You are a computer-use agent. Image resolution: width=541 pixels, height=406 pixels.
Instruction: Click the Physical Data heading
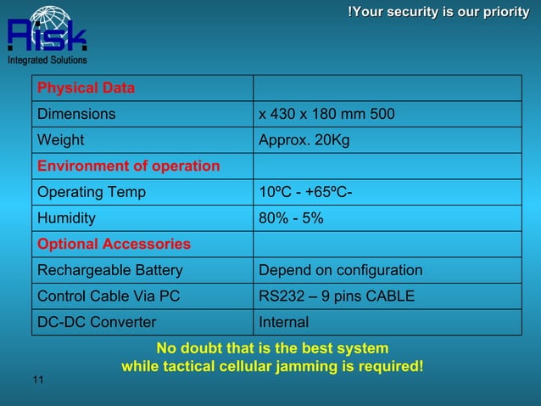[86, 88]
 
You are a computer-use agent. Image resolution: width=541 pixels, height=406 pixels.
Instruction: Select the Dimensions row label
[76, 114]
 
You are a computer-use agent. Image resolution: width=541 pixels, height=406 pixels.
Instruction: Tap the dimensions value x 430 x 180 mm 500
[326, 114]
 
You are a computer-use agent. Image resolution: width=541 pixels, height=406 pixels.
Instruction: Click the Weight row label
[60, 140]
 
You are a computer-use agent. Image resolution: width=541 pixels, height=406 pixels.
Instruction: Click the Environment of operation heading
[128, 166]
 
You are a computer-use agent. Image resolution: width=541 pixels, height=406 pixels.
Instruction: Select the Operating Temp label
[91, 192]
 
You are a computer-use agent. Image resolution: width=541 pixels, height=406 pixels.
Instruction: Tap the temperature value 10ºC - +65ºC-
[305, 192]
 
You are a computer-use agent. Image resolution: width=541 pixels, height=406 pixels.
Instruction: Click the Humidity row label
[66, 218]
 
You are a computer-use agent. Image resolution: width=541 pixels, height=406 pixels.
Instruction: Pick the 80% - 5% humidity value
[291, 218]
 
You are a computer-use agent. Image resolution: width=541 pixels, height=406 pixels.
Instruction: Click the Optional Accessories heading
[114, 244]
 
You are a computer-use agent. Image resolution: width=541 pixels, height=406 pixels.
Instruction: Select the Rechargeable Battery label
[109, 270]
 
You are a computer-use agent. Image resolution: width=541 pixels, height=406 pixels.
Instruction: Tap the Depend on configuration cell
[340, 270]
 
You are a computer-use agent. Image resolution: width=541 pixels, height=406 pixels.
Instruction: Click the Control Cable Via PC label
[108, 296]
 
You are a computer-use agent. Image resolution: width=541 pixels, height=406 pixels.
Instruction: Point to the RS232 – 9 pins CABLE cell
[337, 296]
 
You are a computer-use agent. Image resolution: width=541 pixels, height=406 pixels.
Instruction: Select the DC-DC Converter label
[97, 322]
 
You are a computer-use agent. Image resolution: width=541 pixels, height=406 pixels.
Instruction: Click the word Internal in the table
[283, 322]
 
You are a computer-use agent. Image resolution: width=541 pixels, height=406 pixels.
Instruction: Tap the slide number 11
[38, 379]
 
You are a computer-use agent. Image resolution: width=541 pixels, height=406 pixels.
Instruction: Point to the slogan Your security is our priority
[438, 12]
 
